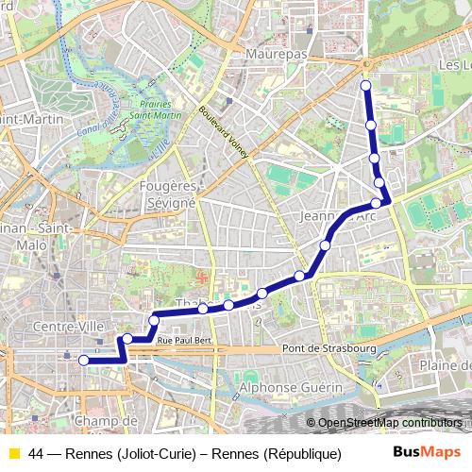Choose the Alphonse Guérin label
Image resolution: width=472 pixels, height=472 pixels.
281,387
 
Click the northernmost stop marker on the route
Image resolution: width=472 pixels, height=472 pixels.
366,87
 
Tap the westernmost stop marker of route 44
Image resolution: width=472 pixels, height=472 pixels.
83,360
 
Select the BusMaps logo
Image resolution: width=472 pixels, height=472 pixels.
427,453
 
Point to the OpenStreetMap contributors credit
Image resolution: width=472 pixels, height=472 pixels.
390,423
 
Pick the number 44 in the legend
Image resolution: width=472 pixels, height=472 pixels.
36,454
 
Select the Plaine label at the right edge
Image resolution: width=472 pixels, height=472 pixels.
444,366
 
